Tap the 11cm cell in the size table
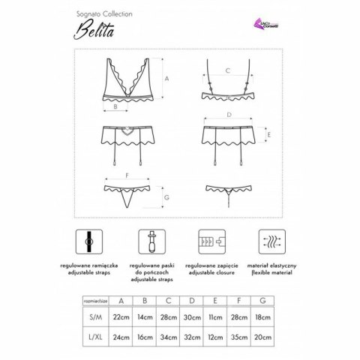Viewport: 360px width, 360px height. (x=214, y=318)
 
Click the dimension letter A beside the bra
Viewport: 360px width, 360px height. (x=166, y=78)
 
